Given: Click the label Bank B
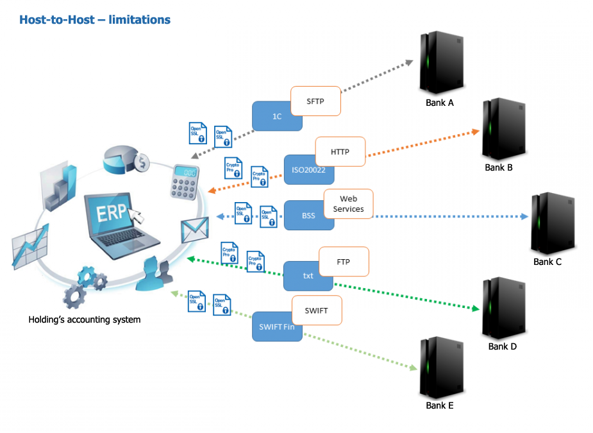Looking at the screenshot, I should click(499, 167).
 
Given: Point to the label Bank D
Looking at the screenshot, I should click(502, 346).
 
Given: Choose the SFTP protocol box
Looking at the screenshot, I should click(315, 101).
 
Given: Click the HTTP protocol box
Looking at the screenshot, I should click(340, 152).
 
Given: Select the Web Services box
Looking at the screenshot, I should click(348, 205).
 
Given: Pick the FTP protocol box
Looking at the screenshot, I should click(343, 262).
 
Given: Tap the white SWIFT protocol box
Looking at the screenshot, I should click(317, 311).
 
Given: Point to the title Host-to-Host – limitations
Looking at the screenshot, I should click(95, 20).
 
